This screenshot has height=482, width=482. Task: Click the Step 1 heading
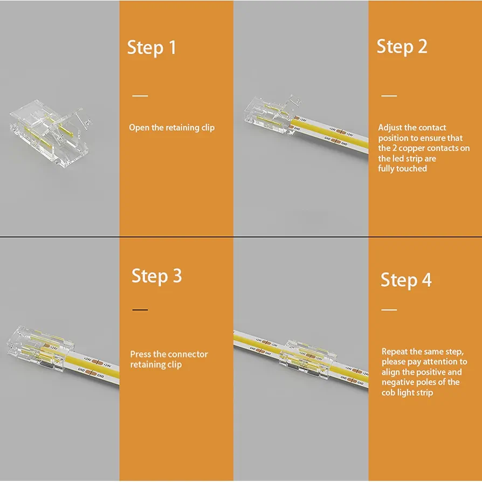click(152, 48)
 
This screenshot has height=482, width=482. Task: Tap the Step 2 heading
click(402, 47)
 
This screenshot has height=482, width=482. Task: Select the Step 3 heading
click(157, 276)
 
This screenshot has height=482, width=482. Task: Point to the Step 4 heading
click(406, 280)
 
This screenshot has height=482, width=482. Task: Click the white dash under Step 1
click(140, 95)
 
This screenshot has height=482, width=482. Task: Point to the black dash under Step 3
click(140, 309)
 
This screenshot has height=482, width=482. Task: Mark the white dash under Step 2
click(389, 95)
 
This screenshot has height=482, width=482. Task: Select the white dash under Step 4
click(389, 309)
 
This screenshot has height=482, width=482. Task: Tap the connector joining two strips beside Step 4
click(307, 359)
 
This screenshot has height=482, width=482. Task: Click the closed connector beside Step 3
click(40, 348)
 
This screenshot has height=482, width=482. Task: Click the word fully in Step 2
click(385, 169)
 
